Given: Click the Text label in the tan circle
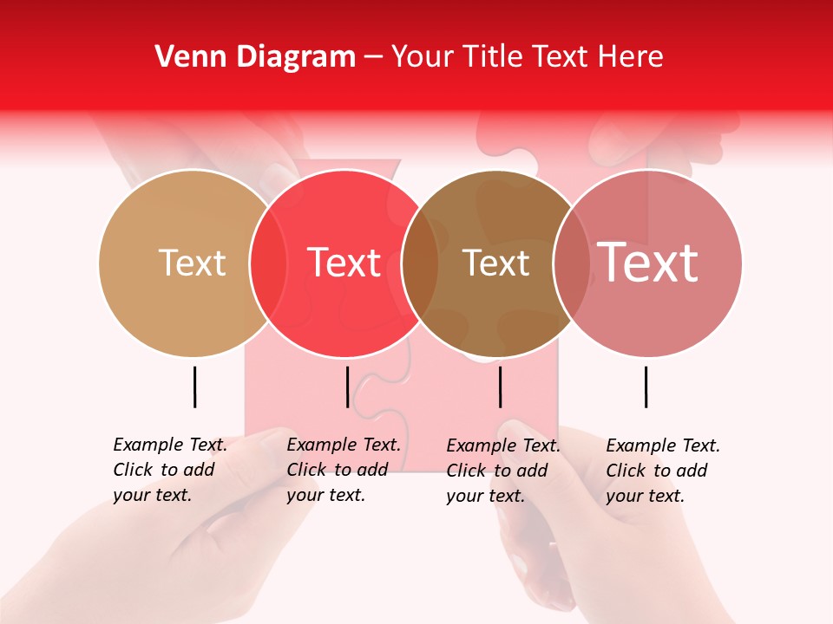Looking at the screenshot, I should [x=192, y=263].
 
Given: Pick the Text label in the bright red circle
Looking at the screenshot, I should [x=344, y=263].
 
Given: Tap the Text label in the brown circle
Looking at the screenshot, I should [x=495, y=263].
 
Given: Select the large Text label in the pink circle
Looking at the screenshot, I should [x=647, y=263].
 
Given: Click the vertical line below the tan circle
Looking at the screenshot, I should [x=194, y=387].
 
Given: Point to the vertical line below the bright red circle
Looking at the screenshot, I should [x=347, y=387].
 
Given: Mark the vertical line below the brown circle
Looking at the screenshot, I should [x=500, y=387].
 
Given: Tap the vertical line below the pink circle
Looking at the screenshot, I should [x=646, y=387].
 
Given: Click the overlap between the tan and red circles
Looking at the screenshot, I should [x=268, y=263].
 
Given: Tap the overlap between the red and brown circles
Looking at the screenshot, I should [x=420, y=263].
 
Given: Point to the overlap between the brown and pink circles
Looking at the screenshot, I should [x=572, y=263].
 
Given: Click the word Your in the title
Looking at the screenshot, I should [x=420, y=57].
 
